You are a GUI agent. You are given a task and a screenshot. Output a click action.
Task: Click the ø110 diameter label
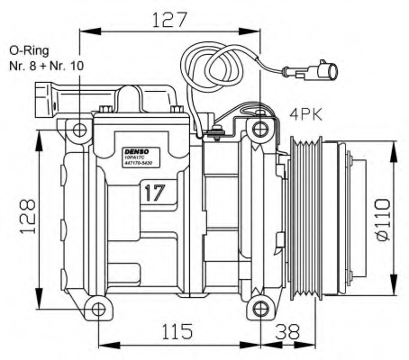pyautogui.click(x=382, y=219)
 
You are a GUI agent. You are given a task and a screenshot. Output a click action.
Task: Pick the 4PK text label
pyautogui.click(x=305, y=114)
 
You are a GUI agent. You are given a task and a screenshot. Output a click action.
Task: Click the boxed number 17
pyautogui.click(x=153, y=191)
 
